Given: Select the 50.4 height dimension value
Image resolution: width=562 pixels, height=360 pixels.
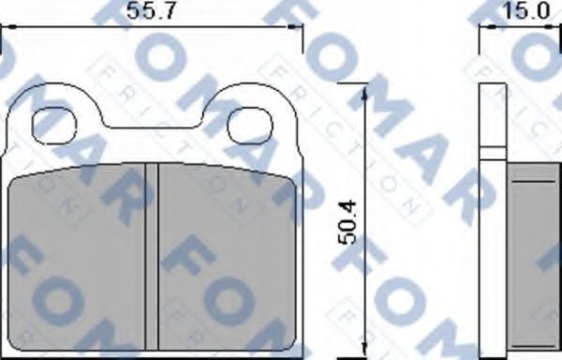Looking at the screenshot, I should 347,225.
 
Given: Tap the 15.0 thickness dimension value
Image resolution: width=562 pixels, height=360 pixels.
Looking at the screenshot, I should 525,11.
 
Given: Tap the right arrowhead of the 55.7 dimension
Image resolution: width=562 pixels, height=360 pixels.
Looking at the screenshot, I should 302,29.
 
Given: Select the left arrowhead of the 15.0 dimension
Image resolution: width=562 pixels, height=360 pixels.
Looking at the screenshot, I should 485,29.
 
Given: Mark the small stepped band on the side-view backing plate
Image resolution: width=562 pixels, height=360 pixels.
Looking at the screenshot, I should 491,148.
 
